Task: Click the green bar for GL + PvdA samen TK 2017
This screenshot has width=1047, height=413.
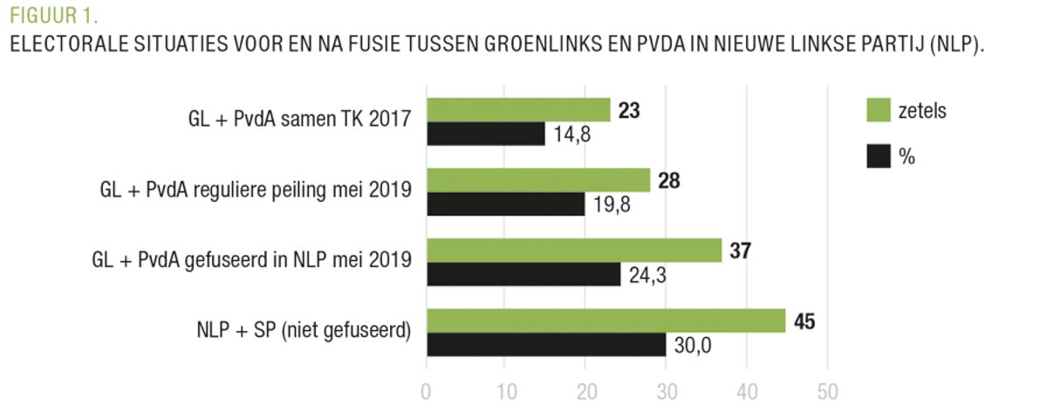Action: click(x=517, y=110)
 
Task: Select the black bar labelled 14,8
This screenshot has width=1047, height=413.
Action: click(x=485, y=134)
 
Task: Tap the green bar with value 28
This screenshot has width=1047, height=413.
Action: click(x=537, y=180)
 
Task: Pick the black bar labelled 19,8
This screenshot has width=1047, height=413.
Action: click(x=505, y=204)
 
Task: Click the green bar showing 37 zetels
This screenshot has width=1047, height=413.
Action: click(x=573, y=251)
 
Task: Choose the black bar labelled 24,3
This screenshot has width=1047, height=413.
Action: click(x=523, y=274)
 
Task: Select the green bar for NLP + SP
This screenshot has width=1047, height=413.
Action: click(x=606, y=320)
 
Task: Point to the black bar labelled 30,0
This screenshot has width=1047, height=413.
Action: click(x=546, y=344)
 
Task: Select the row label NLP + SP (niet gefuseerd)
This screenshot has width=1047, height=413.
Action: click(x=304, y=329)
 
